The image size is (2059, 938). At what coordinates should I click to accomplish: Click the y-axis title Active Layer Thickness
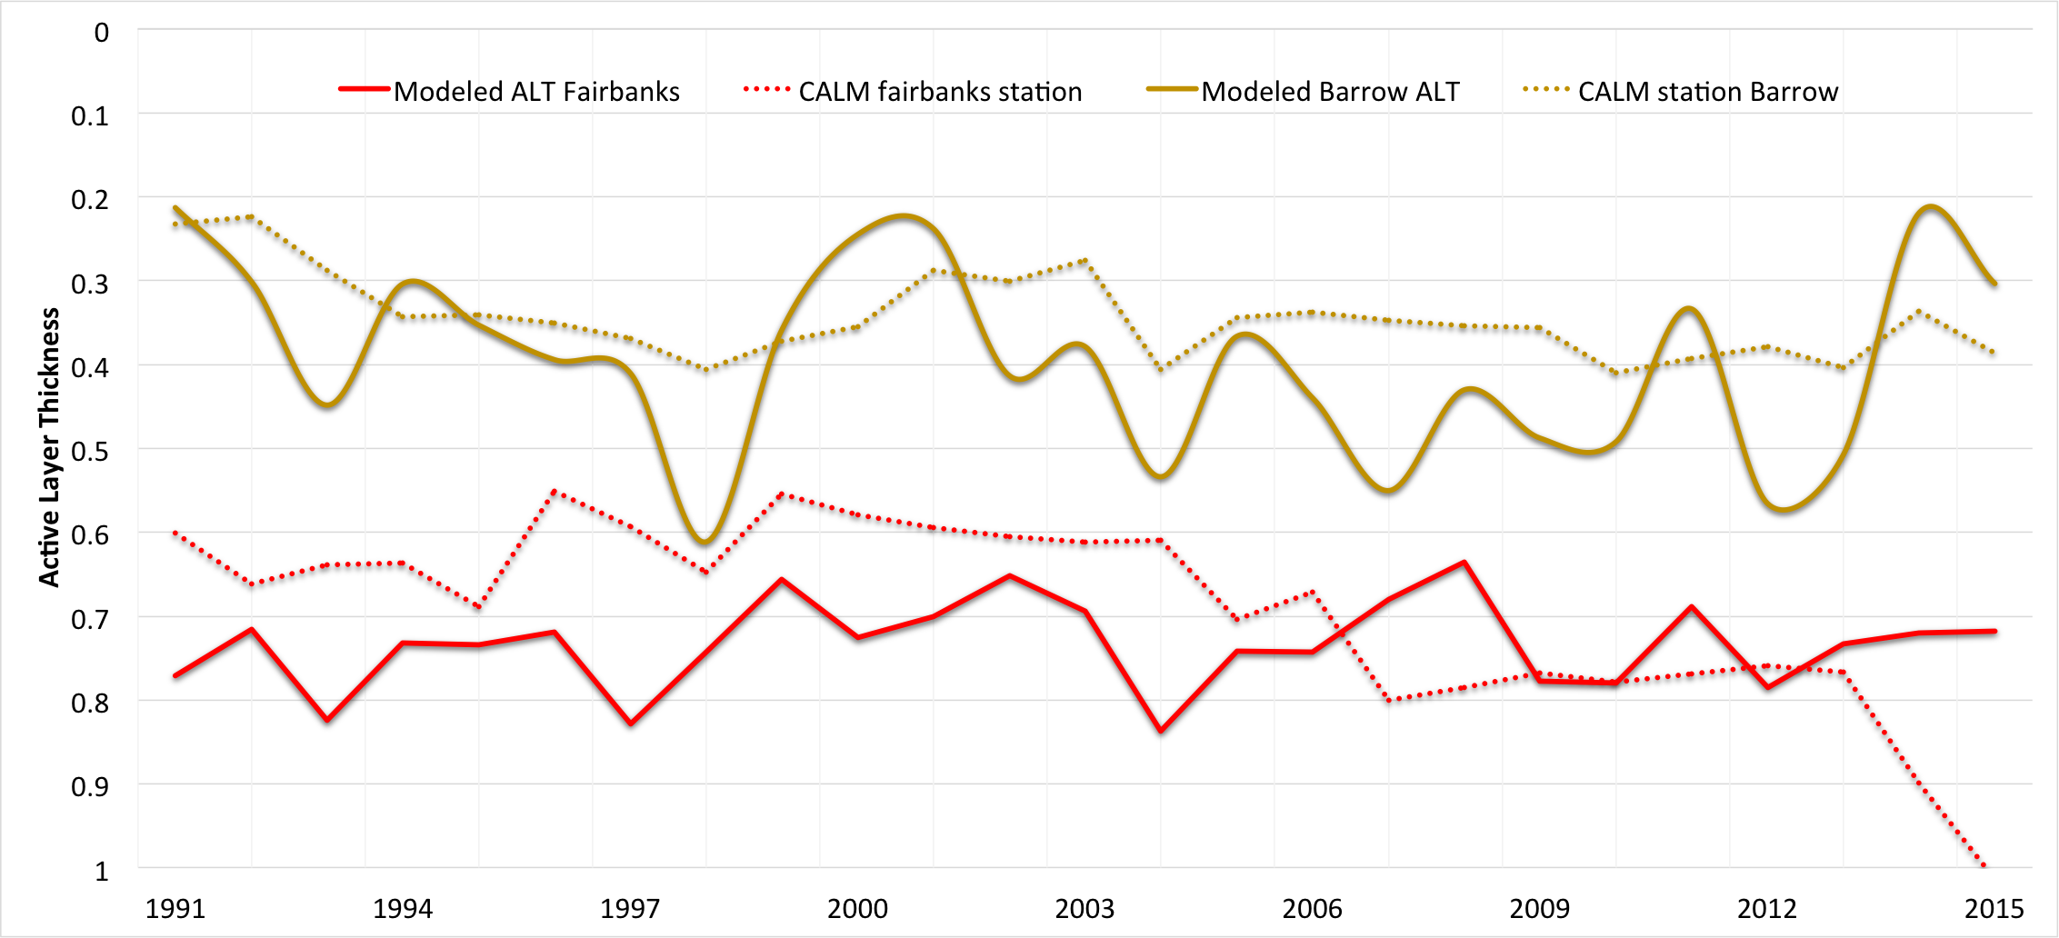[49, 447]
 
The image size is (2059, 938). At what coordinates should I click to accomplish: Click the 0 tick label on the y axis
[102, 33]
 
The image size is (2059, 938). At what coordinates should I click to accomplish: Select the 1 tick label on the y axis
[102, 871]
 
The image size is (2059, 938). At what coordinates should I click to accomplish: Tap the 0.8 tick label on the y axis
[89, 703]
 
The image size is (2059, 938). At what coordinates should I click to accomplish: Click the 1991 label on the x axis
[175, 908]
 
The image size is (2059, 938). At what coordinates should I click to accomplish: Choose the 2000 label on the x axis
[857, 908]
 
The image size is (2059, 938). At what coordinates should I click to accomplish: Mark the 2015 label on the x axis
[1994, 908]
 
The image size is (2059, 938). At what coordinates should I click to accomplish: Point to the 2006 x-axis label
[1312, 908]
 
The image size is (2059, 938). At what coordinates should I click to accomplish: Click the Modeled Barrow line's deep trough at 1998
[705, 543]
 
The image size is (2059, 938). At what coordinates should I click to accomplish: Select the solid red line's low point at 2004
[1161, 731]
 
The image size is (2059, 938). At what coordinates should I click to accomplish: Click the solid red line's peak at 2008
[1464, 563]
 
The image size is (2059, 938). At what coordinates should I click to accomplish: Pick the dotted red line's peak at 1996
[555, 492]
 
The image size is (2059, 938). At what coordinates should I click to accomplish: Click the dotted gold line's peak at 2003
[1085, 261]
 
